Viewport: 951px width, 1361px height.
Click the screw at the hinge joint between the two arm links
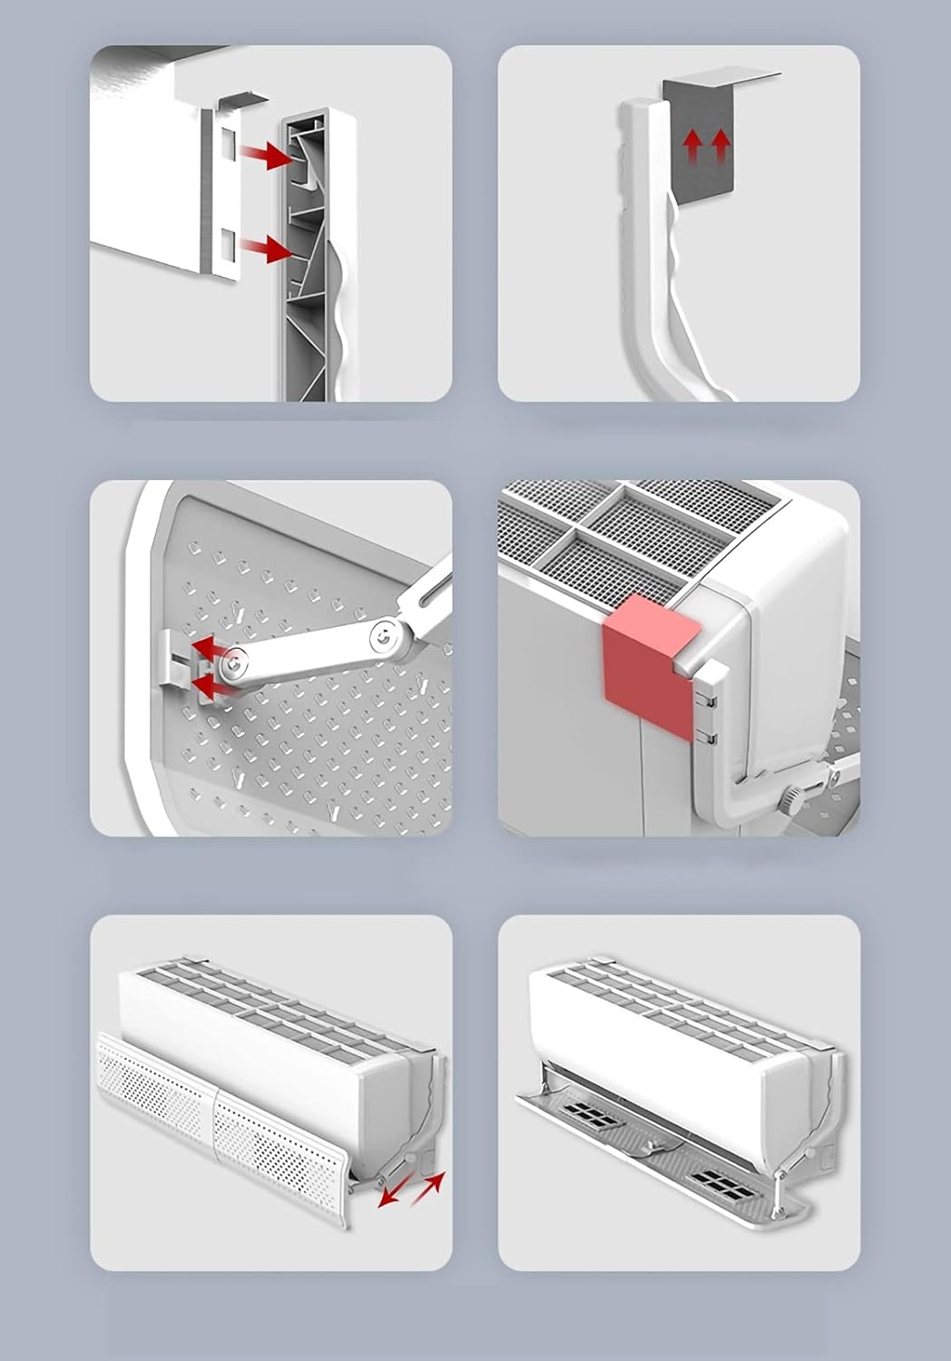coord(386,637)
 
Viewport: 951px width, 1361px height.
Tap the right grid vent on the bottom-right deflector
coord(724,1180)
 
